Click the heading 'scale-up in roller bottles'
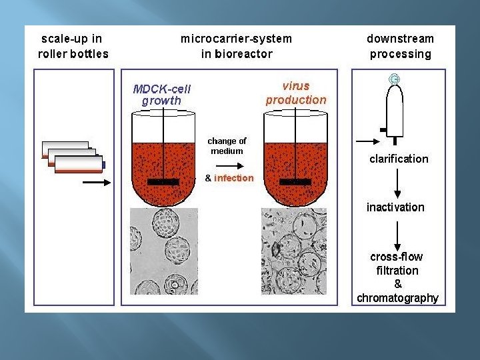(x=73, y=46)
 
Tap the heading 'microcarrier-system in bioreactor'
(x=236, y=46)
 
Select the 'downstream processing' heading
(x=400, y=46)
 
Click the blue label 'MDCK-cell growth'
(x=161, y=95)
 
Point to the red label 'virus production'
(x=296, y=93)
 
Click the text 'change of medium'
(x=227, y=146)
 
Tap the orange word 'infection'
(x=233, y=178)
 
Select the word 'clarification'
(x=399, y=159)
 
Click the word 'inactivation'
(x=395, y=207)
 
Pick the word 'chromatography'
(x=397, y=298)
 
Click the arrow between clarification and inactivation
(x=397, y=181)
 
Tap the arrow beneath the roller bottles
(x=97, y=181)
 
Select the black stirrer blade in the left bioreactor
(x=163, y=181)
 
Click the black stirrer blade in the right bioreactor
(x=296, y=181)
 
